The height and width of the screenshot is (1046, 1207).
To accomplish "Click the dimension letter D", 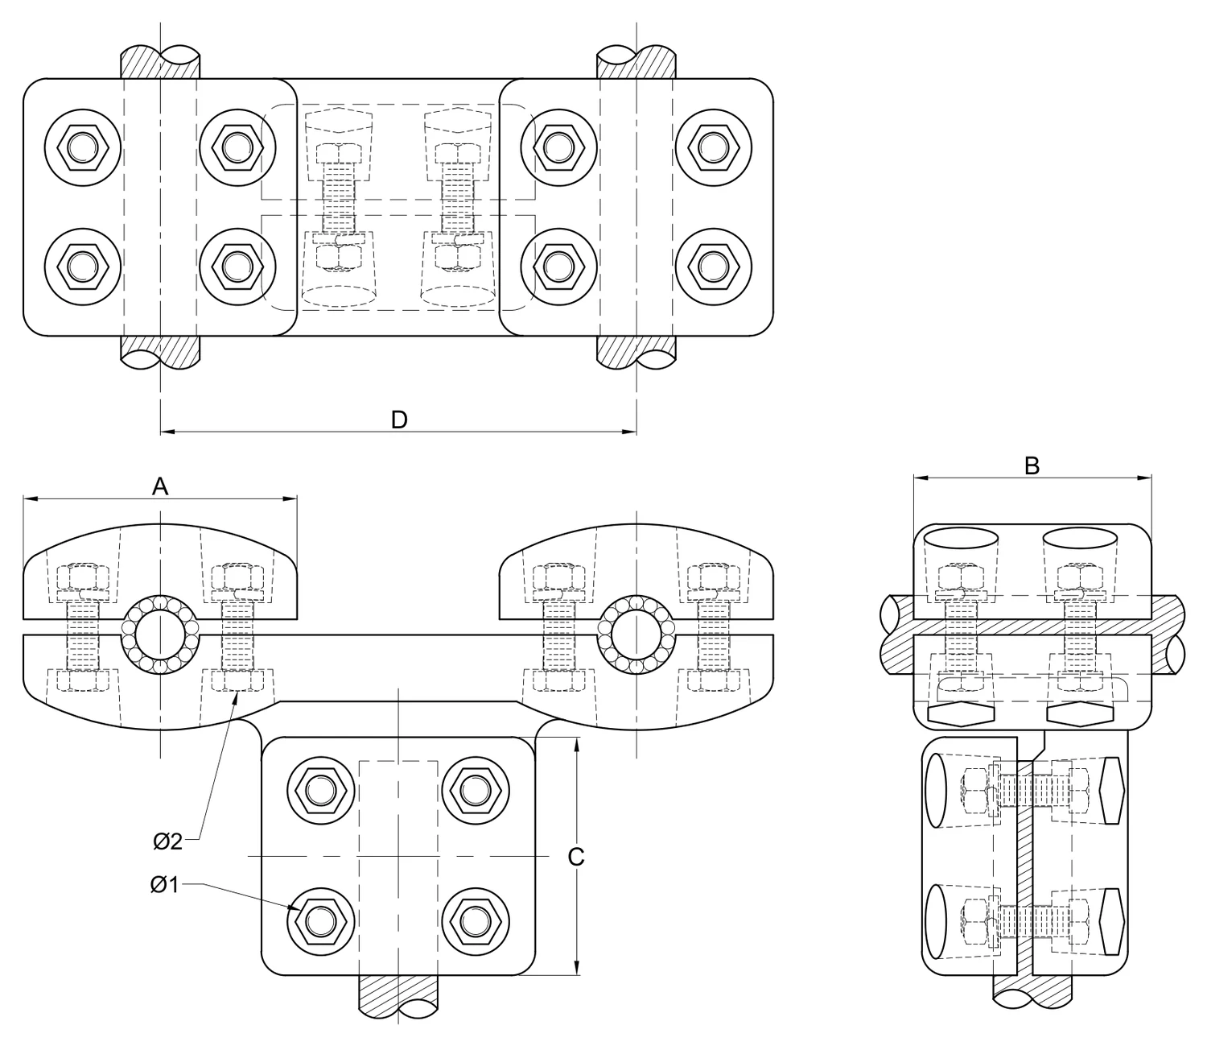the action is pos(399,420).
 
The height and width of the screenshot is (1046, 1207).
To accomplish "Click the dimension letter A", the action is pos(160,486).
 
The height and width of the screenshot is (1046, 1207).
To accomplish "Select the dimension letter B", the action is pos(1032,465).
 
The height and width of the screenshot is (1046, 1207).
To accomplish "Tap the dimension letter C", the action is pos(576,858).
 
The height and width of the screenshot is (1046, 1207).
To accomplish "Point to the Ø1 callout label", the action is pos(165,885).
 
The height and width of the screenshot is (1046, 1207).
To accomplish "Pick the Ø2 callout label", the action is pos(168,841).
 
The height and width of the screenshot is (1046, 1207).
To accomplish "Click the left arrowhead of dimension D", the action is pos(167,432).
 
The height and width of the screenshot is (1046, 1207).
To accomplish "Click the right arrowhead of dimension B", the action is pos(1145,478).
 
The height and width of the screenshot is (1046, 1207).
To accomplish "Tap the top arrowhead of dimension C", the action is pos(576,744).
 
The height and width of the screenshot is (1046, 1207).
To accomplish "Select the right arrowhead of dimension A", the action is pos(290,498).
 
